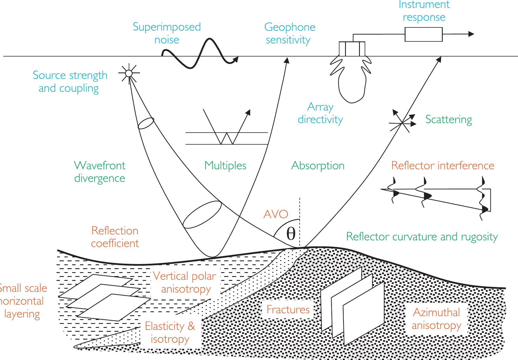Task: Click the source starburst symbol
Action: [128, 73]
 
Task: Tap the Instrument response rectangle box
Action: [423, 34]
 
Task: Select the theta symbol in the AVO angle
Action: [291, 234]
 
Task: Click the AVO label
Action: [276, 214]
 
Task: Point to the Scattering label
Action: [449, 119]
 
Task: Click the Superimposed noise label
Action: [167, 33]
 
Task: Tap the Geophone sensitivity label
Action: [289, 33]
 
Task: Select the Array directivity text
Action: [320, 113]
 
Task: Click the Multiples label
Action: [225, 165]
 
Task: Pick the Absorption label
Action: [318, 165]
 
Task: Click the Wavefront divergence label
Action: [100, 171]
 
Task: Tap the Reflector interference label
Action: [442, 165]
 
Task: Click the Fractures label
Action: [288, 309]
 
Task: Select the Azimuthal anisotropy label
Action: [436, 319]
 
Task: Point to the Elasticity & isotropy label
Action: [170, 332]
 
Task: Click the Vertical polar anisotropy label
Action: [185, 282]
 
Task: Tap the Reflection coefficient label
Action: [115, 237]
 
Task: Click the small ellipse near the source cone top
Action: [146, 123]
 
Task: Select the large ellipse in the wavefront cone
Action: [202, 215]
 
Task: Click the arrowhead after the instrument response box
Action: [471, 34]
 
